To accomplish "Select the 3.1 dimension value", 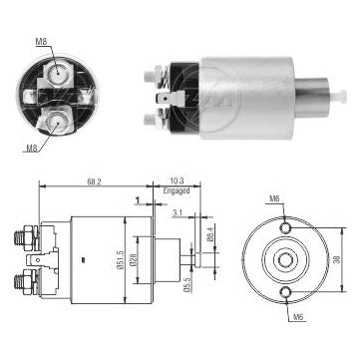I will coord(175,212).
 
